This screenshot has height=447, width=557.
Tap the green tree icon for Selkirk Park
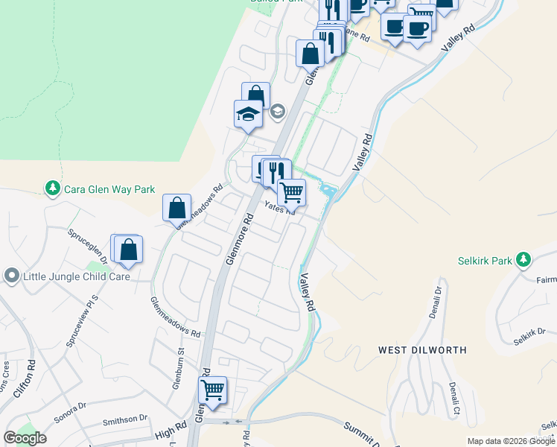pos(524,260)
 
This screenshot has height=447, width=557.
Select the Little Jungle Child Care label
pos(77,276)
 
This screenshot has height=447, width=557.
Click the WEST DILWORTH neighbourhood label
pos(422,349)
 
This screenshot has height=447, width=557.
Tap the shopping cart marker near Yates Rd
pos(291,192)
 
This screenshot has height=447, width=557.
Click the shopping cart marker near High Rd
pos(213,390)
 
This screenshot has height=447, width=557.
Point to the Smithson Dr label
pos(125,419)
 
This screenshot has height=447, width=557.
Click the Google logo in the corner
pos(24,438)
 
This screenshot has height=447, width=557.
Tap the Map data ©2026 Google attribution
pos(511,441)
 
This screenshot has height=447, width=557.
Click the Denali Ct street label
pos(453,401)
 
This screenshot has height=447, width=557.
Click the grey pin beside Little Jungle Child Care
pos(11,276)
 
